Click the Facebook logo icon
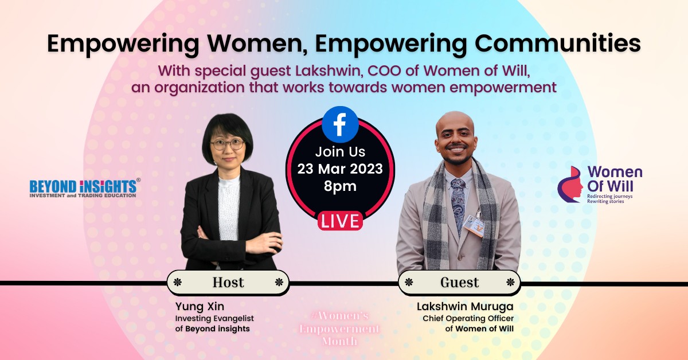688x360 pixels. coord(340,124)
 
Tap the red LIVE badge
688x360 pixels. coord(340,221)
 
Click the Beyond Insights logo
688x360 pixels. coord(84,188)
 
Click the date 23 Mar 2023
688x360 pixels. coord(340,169)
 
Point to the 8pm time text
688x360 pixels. coord(340,186)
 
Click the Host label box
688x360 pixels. coord(228,282)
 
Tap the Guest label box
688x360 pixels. coord(459,282)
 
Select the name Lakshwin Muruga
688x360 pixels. coord(466,307)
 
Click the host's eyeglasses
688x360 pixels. coord(228,144)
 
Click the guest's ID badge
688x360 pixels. coord(474,225)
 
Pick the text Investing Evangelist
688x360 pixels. coord(214,318)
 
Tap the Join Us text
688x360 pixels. coord(340,152)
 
